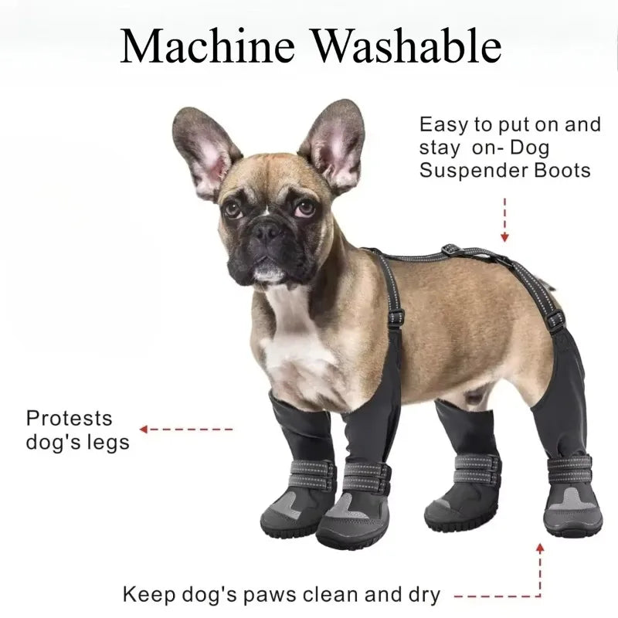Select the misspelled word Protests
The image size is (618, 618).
coord(69,419)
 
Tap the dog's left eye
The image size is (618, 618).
coord(304,208)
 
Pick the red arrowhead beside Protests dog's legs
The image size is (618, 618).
coord(144,429)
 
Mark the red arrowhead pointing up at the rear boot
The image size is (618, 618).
coord(540,548)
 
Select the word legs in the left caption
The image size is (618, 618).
coord(108,443)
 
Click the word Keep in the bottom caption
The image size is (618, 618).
coord(148,595)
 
